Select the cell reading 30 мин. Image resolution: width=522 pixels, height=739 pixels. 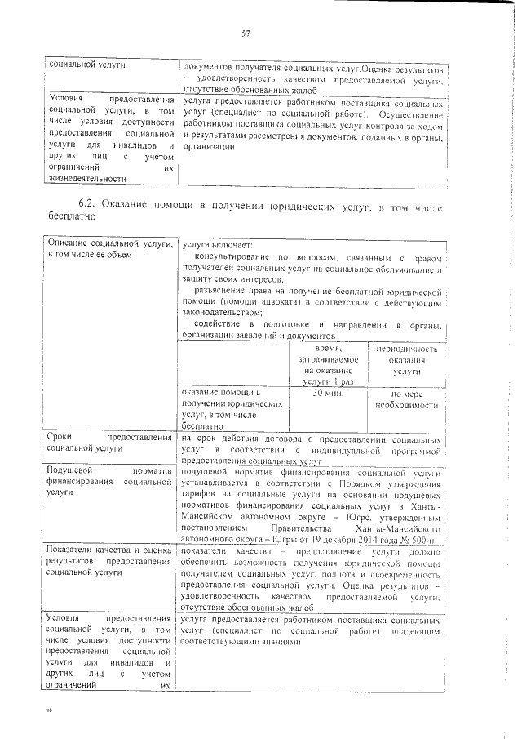[x=327, y=393]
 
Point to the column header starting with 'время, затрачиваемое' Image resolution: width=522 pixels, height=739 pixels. [x=327, y=365]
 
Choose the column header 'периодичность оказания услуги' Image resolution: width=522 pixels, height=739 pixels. [x=407, y=360]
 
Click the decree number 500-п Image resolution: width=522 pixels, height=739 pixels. [x=425, y=541]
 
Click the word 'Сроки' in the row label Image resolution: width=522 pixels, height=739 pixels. [x=61, y=438]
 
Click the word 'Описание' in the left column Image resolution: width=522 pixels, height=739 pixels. [x=69, y=244]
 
